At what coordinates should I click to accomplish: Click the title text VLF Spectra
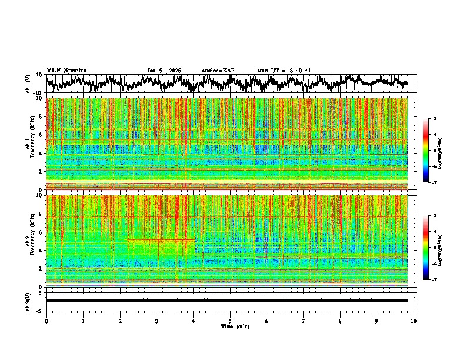(66, 70)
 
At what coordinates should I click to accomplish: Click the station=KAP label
(218, 71)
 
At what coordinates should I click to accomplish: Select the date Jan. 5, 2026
(164, 71)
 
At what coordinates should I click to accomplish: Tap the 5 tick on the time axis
(230, 321)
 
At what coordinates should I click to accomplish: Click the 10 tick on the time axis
(414, 321)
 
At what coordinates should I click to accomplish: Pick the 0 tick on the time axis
(46, 321)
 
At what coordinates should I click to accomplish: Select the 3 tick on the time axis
(157, 321)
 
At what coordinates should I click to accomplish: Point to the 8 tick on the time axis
(340, 321)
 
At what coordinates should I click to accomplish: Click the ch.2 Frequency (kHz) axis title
(30, 241)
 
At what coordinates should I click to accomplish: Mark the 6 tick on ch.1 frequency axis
(42, 135)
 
